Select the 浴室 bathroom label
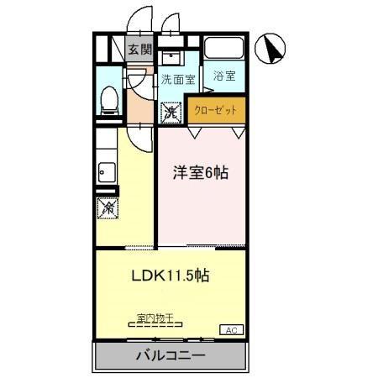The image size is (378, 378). click(224, 76)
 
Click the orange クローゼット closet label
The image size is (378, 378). click(216, 110)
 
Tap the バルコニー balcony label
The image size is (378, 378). click(171, 356)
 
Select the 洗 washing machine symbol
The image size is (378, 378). click(171, 110)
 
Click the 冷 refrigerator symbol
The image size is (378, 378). click(108, 207)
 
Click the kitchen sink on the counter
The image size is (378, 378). click(107, 174)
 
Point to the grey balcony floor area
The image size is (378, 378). click(118, 356)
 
